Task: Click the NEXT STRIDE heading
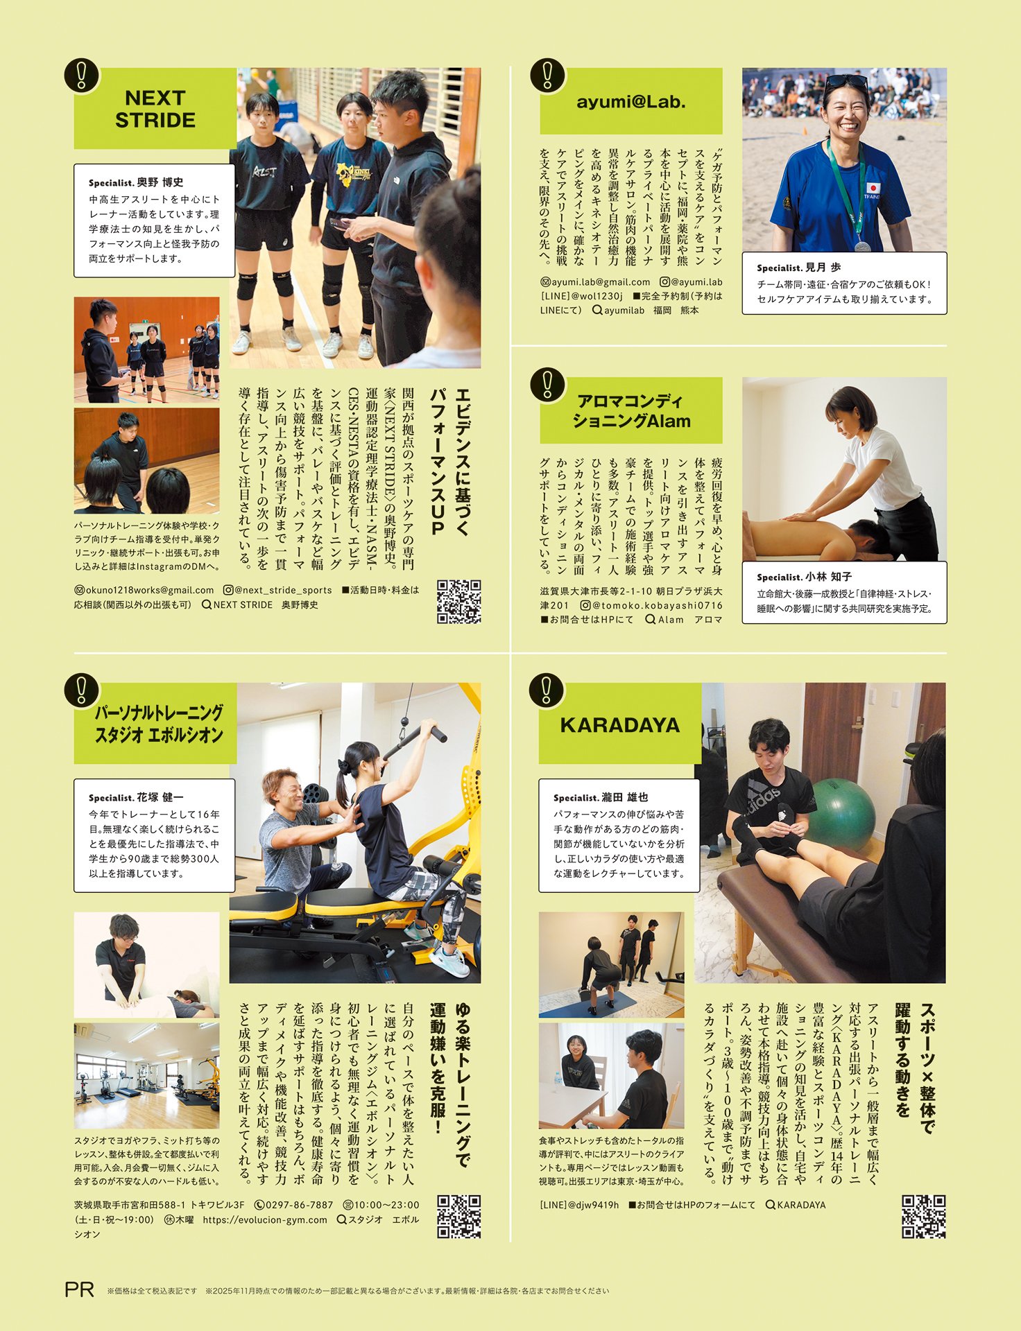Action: click(x=155, y=109)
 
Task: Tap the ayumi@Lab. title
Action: click(x=631, y=102)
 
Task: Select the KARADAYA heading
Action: click(x=620, y=725)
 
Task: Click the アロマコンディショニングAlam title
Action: click(x=631, y=411)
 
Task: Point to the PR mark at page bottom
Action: click(x=79, y=1289)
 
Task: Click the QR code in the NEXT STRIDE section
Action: click(x=458, y=601)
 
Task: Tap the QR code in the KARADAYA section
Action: click(x=923, y=1217)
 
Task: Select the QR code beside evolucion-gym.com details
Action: click(x=458, y=1217)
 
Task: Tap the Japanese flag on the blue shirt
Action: click(x=873, y=188)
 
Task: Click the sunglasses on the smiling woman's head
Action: click(x=846, y=81)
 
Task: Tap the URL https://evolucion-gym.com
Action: click(x=265, y=1220)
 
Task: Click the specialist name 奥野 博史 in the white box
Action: click(x=160, y=182)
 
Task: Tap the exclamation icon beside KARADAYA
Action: click(x=548, y=690)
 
